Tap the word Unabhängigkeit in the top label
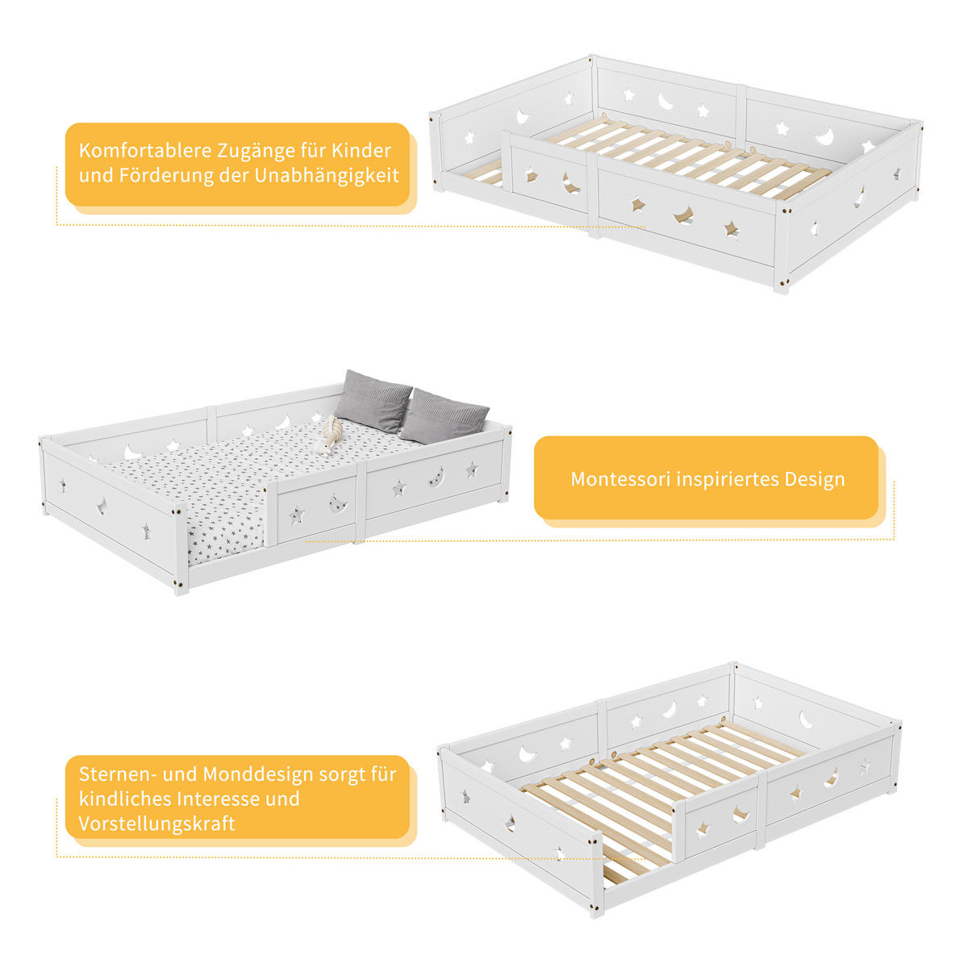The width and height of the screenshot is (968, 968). (327, 176)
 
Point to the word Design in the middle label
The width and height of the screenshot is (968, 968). (815, 480)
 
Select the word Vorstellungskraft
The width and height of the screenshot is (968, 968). (156, 824)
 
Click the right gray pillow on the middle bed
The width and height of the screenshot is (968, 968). (444, 417)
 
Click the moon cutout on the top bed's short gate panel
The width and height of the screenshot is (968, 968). (570, 183)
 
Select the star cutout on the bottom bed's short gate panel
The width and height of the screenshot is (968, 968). (703, 830)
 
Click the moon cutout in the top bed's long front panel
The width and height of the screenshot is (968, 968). (683, 215)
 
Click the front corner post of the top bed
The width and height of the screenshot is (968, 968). (781, 246)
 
